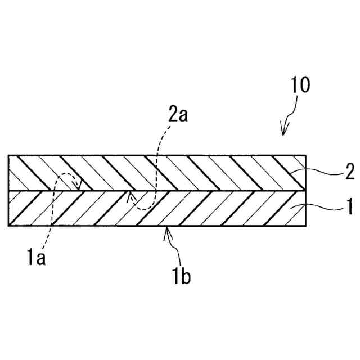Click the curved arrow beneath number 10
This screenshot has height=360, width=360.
287,120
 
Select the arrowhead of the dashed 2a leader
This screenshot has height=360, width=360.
130,196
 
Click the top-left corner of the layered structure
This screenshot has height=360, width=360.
8,155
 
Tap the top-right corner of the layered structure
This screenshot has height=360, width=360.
306,155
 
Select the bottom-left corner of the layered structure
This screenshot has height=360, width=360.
8,226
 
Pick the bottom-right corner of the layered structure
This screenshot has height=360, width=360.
306,226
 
